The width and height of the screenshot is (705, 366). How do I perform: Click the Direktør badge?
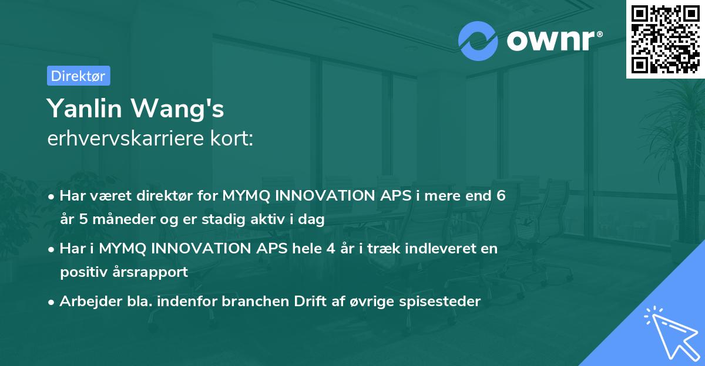pyautogui.click(x=78, y=76)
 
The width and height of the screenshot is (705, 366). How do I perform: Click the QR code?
pyautogui.click(x=665, y=39)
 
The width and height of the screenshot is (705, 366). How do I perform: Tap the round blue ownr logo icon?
pyautogui.click(x=478, y=40)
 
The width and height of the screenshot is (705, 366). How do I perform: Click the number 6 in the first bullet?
pyautogui.click(x=501, y=196)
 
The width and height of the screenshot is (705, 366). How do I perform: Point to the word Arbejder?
pyautogui.click(x=86, y=301)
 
